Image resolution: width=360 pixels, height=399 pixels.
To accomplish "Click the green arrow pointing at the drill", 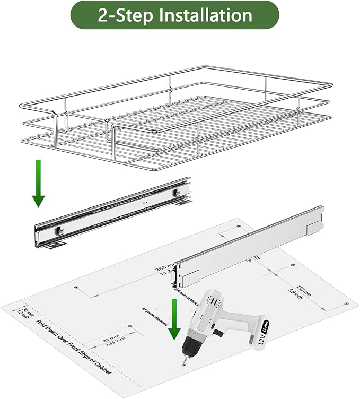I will click(173, 319).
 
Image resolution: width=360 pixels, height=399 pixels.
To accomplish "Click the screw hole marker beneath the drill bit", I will click(185, 367).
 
